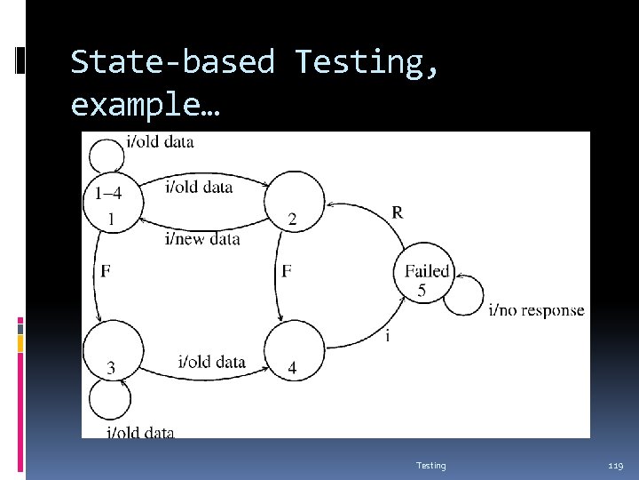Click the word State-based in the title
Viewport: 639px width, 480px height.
[x=172, y=62]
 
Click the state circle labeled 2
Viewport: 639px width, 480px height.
[x=295, y=203]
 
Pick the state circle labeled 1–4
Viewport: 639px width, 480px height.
[x=112, y=203]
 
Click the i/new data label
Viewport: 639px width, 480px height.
[x=202, y=238]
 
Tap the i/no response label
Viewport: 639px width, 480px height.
[x=536, y=309]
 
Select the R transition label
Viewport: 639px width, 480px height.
[x=397, y=212]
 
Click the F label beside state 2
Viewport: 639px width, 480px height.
[x=287, y=271]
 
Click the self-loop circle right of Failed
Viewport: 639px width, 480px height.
[x=463, y=294]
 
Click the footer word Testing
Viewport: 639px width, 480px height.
[x=431, y=466]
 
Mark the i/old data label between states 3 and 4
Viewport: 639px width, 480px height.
[x=211, y=362]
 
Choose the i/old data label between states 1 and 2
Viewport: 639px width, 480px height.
[x=200, y=186]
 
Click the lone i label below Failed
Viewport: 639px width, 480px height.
[x=387, y=336]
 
